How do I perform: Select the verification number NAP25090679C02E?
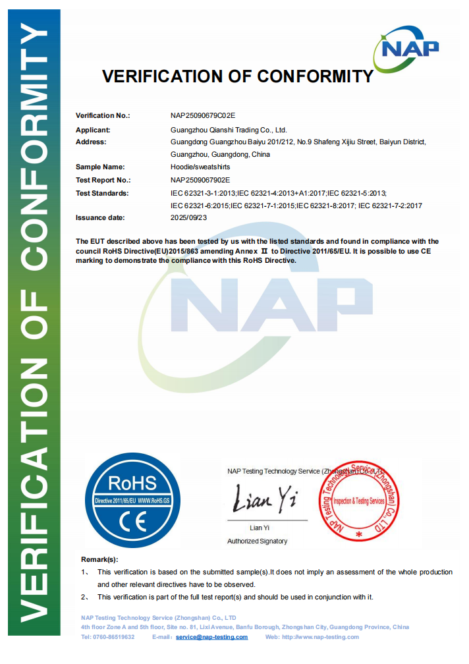tap(203, 116)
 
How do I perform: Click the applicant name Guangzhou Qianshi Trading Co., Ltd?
tap(229, 130)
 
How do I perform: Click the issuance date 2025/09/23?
tap(188, 217)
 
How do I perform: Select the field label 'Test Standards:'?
tap(102, 193)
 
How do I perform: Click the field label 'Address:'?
tap(91, 142)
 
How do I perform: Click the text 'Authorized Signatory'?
tap(257, 541)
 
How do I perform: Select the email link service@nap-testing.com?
tap(212, 637)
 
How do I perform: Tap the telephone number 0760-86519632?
tap(115, 637)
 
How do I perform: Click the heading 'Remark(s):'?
tap(99, 559)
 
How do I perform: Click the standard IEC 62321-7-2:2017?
tap(390, 206)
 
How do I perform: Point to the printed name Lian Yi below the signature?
tap(260, 528)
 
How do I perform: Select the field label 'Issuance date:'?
tap(100, 217)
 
